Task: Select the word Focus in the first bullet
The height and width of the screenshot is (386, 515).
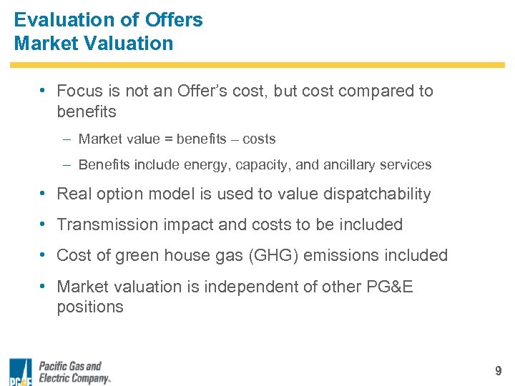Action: click(79, 91)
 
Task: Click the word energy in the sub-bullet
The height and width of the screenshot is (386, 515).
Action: click(204, 165)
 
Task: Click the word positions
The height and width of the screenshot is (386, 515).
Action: click(90, 307)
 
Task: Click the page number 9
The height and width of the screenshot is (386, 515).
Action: click(498, 371)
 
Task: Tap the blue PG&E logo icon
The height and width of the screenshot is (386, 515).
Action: click(20, 372)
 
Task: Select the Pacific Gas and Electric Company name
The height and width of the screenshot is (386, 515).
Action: click(74, 372)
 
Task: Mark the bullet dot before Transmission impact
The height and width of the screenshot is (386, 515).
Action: click(44, 224)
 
